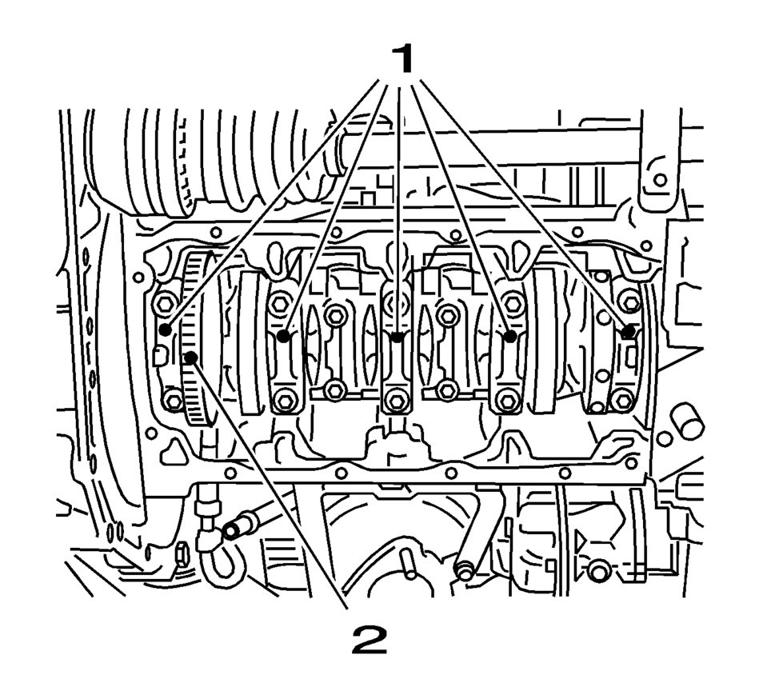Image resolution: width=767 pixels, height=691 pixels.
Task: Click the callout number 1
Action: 401,58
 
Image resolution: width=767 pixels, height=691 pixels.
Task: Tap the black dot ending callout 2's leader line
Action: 191,357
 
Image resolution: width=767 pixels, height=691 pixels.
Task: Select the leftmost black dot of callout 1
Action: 166,330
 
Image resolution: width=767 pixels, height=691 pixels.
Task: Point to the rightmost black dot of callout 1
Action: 629,332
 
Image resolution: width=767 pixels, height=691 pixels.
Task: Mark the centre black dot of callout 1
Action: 397,337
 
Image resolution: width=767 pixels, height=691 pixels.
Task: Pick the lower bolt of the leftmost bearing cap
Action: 173,400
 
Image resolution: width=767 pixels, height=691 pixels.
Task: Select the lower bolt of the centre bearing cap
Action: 397,401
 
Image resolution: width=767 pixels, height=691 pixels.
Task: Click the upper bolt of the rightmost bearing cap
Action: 629,302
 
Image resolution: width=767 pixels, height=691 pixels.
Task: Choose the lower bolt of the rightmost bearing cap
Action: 622,401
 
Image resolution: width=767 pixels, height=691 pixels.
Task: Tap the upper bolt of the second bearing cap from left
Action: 280,304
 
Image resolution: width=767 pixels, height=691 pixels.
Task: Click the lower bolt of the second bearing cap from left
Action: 285,401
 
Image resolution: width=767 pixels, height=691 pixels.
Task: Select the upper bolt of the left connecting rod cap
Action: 335,316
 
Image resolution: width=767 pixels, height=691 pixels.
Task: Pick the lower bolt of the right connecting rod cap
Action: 447,389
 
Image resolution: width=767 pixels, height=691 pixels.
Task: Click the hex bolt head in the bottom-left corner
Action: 182,554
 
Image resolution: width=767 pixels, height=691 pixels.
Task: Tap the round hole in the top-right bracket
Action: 660,180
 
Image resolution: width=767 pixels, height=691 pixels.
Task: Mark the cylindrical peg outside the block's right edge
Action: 687,420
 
